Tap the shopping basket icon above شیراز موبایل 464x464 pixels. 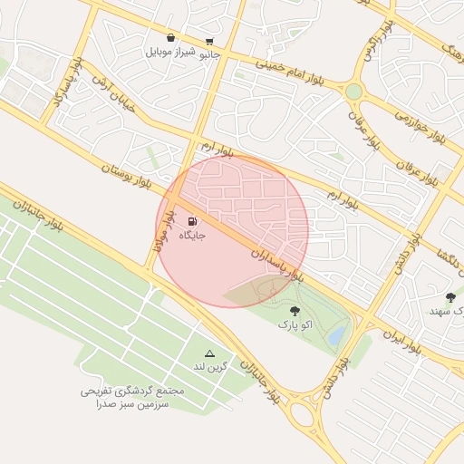point(170,38)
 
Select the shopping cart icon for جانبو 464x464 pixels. point(210,41)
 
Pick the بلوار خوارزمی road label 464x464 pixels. point(421,128)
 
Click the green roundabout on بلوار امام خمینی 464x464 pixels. point(353,92)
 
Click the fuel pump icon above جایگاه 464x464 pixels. point(192,221)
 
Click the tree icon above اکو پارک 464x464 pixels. point(293,311)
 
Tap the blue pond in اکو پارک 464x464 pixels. point(336,336)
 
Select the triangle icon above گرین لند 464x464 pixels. point(210,353)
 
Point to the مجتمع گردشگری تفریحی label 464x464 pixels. point(132,391)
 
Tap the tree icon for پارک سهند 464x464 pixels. point(450,296)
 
